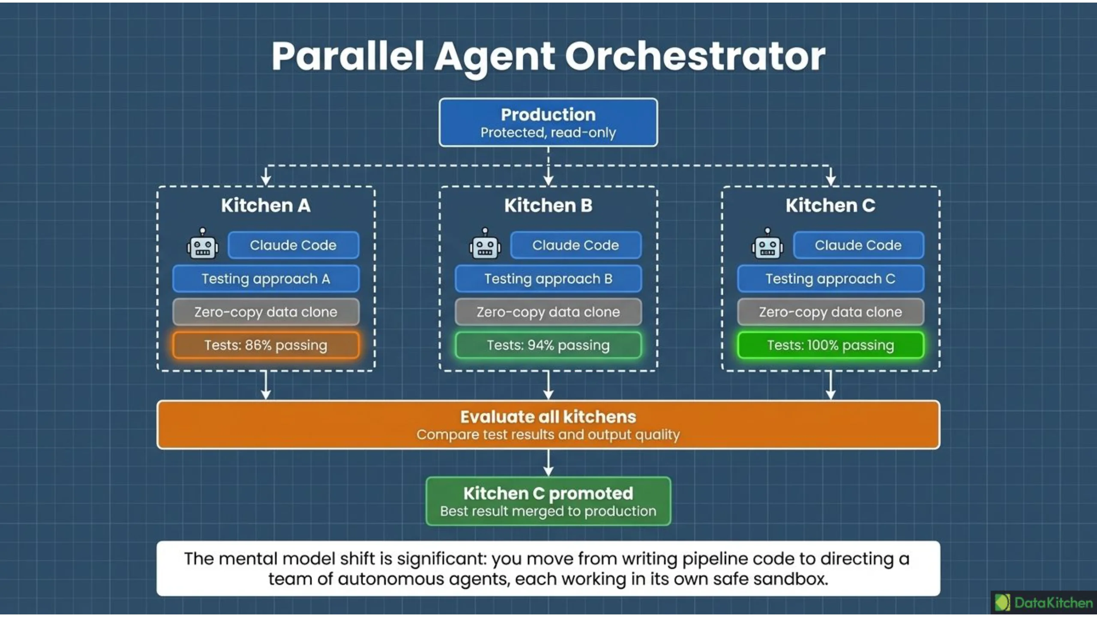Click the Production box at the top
pos(548,123)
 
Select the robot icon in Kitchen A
pos(202,243)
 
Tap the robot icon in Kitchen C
pos(767,243)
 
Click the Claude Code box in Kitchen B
pos(575,245)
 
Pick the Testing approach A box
pos(266,279)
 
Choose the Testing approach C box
pos(830,279)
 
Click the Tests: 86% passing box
pos(266,345)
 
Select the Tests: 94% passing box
pos(548,345)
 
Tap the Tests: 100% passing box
pos(830,345)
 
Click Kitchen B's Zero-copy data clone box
pos(548,312)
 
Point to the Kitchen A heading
pos(266,205)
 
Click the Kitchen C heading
pos(830,205)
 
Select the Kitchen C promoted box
pos(548,501)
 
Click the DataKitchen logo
pos(1043,602)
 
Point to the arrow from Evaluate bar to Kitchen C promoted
pos(548,463)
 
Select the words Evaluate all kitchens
pos(548,416)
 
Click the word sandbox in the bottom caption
pos(791,579)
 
